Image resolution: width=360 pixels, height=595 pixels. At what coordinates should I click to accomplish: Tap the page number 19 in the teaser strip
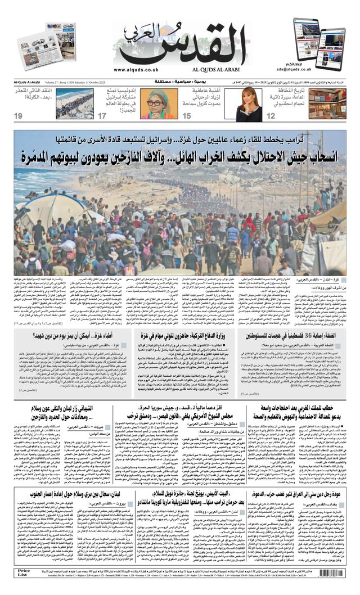pyautogui.click(x=18, y=116)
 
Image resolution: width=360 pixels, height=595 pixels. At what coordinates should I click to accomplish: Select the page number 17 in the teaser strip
pyautogui.click(x=102, y=116)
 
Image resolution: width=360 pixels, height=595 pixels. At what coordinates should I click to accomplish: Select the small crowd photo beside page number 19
pyautogui.click(x=74, y=103)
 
